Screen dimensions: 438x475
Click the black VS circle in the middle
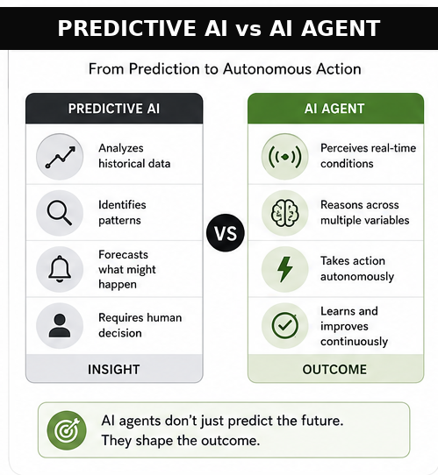(226, 232)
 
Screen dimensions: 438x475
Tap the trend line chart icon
(60, 157)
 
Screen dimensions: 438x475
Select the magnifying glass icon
(60, 213)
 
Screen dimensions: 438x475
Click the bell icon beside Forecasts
(60, 269)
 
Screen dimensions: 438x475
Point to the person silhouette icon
(60, 325)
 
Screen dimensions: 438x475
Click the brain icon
(284, 213)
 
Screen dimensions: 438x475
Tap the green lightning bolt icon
(284, 269)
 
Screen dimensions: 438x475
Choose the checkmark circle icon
(284, 325)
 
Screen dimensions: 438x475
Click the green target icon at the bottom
(67, 429)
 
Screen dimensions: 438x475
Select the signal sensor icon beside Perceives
(284, 157)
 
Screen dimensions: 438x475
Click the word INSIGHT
(114, 369)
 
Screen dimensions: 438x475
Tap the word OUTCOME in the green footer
(334, 369)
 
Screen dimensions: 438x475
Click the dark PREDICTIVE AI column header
(114, 108)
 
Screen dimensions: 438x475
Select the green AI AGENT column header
(335, 108)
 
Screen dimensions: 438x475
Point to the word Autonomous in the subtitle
(268, 69)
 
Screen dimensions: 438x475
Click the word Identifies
(122, 205)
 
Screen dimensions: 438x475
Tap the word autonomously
(357, 277)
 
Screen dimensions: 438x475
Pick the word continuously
(354, 342)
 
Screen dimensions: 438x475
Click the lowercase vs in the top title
(248, 29)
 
